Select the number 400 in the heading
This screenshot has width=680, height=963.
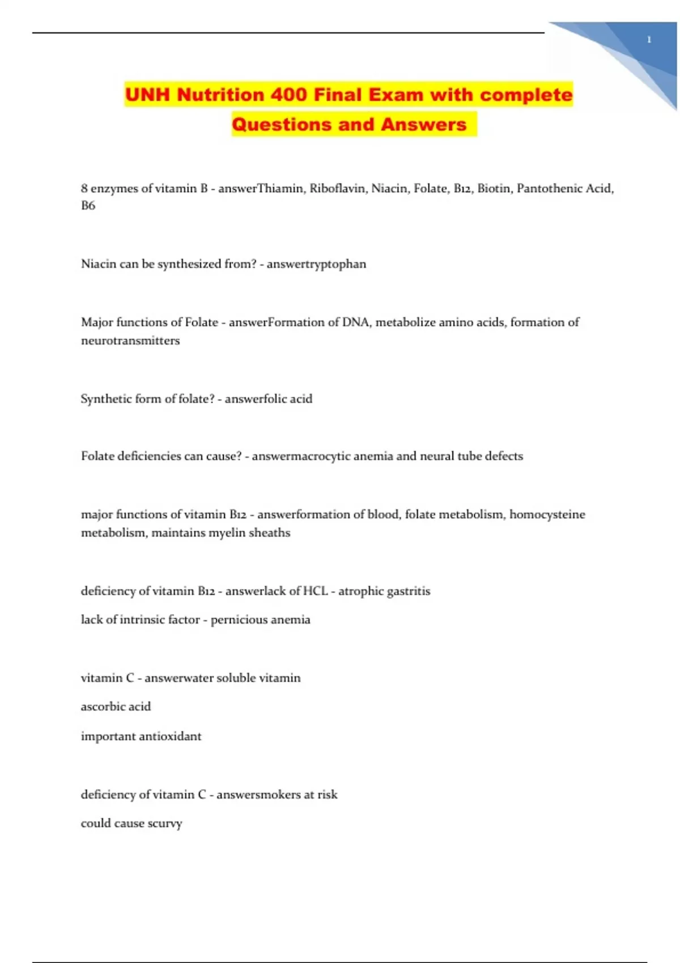tap(288, 95)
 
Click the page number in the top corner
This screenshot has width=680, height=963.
tap(649, 40)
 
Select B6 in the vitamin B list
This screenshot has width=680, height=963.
tap(88, 206)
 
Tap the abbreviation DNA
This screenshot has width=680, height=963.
tap(355, 322)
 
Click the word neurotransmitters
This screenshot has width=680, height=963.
tap(130, 341)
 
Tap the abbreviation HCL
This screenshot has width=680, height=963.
tap(315, 591)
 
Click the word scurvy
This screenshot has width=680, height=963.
tap(165, 824)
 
